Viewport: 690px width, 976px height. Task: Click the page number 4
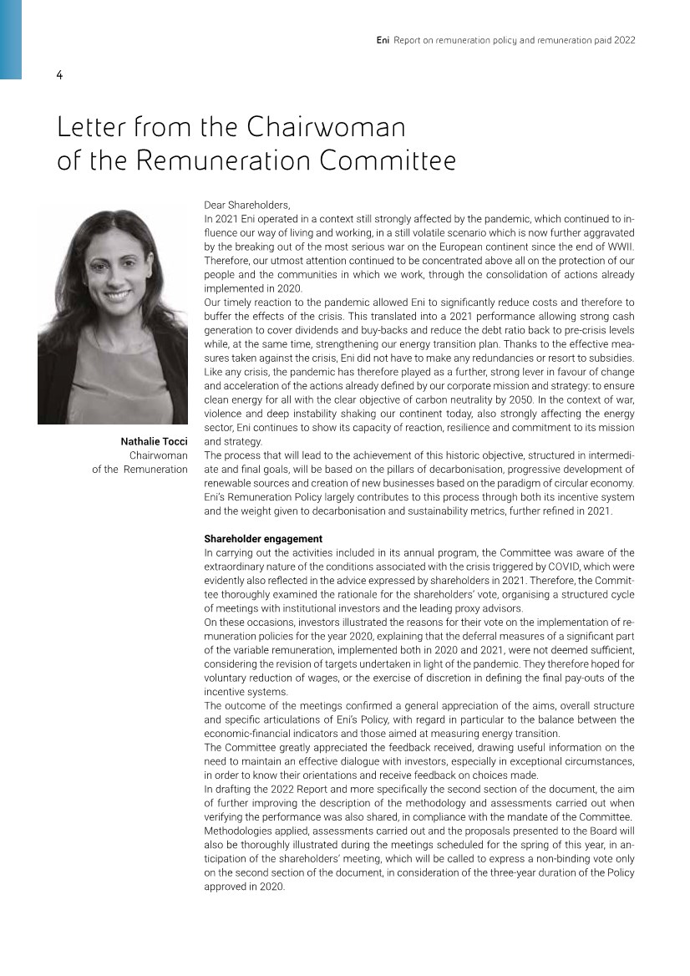[x=59, y=75]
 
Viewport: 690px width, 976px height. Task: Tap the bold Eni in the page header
[x=383, y=40]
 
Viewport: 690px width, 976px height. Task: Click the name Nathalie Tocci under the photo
[x=154, y=440]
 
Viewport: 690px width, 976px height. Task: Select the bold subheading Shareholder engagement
[x=263, y=539]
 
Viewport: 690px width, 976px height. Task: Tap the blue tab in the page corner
[x=11, y=39]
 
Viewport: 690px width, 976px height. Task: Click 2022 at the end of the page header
[x=623, y=40]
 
